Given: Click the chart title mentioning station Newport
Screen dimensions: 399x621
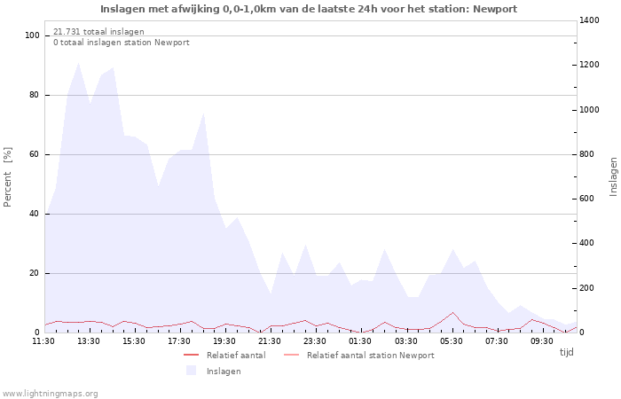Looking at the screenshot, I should point(309,9).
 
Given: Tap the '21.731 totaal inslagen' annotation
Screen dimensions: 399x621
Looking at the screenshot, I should point(98,32).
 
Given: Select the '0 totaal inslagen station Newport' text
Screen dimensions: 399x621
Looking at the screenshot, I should point(121,43).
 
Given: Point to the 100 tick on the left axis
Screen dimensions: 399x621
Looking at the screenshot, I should point(33,35).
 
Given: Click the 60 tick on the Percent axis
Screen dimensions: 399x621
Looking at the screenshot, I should point(35,154).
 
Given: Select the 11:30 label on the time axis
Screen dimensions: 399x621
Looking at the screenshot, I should point(44,340).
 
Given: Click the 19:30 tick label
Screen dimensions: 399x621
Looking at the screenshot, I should point(225,340).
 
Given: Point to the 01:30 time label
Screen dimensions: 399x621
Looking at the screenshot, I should point(361,340).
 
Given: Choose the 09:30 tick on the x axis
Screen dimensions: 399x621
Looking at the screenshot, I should point(542,340).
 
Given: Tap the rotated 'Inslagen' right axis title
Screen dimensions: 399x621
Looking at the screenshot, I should point(612,176).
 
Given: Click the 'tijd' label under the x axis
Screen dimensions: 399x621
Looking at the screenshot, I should point(566,352).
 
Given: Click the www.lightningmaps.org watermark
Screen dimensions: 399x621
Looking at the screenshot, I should point(50,394).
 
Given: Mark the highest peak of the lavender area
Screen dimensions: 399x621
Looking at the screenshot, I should point(79,62).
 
